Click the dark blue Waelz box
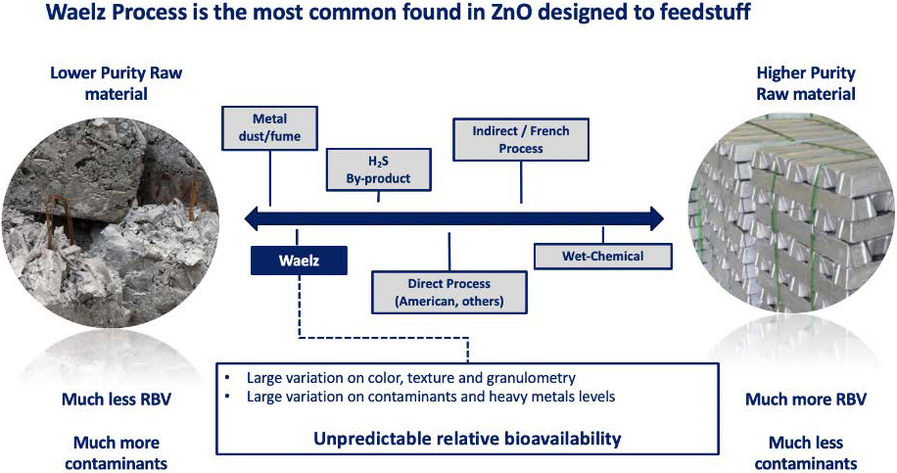click(x=299, y=260)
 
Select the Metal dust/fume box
click(x=269, y=128)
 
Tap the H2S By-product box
click(x=378, y=169)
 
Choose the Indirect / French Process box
click(x=521, y=140)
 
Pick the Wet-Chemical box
click(x=603, y=257)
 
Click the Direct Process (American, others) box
click(x=449, y=292)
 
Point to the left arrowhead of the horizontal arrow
click(x=252, y=218)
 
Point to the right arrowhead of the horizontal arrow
click(x=656, y=218)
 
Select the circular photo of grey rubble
click(x=110, y=219)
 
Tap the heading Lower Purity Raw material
click(x=117, y=83)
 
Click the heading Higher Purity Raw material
click(x=806, y=83)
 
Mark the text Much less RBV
click(x=117, y=400)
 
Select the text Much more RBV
click(x=806, y=400)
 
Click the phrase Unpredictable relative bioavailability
click(x=467, y=439)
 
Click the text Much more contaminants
click(x=117, y=453)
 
